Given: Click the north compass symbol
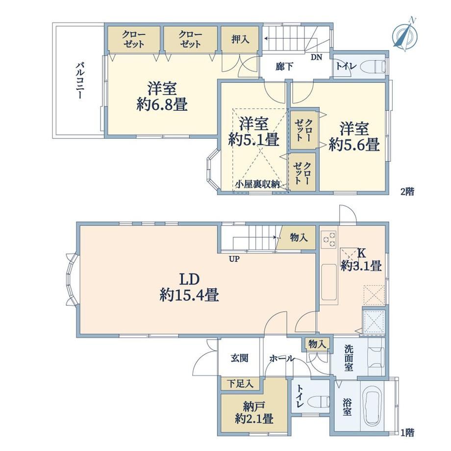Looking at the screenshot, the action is coord(405,34).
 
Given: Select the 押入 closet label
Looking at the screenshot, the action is coord(241,39).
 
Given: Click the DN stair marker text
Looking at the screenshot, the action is coord(316,57).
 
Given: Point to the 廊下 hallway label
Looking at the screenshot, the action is coord(284,67).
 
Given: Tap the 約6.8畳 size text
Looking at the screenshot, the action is coord(162,104).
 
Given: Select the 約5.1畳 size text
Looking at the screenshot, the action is coord(254,140).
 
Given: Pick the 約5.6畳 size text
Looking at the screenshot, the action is coord(354,145).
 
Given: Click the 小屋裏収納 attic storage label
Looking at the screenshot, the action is coord(257,184).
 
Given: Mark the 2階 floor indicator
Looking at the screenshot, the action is coord(407,192).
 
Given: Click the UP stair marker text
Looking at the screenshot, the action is coord(234,259).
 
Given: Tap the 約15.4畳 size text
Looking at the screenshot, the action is coord(189,295).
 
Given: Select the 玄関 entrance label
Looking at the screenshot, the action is coord(239,358).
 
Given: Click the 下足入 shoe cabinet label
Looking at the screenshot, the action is coord(240,383).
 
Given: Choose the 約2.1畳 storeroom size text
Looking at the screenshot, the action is coord(254,419).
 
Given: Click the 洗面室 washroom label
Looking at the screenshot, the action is coord(349,358).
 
